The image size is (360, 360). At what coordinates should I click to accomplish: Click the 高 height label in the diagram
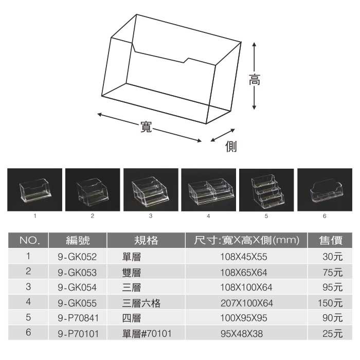[x=254, y=80]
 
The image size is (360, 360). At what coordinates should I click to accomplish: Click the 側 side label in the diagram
[x=231, y=147]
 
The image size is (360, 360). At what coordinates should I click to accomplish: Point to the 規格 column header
[x=146, y=240]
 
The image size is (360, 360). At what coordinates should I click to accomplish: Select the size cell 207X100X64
[x=246, y=303]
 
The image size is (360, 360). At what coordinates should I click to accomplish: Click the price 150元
[x=330, y=303]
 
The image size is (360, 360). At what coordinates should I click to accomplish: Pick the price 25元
[x=332, y=334]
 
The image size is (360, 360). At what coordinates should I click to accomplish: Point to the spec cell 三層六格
[x=141, y=303]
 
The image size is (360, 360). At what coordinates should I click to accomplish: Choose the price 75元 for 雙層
[x=332, y=272]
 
